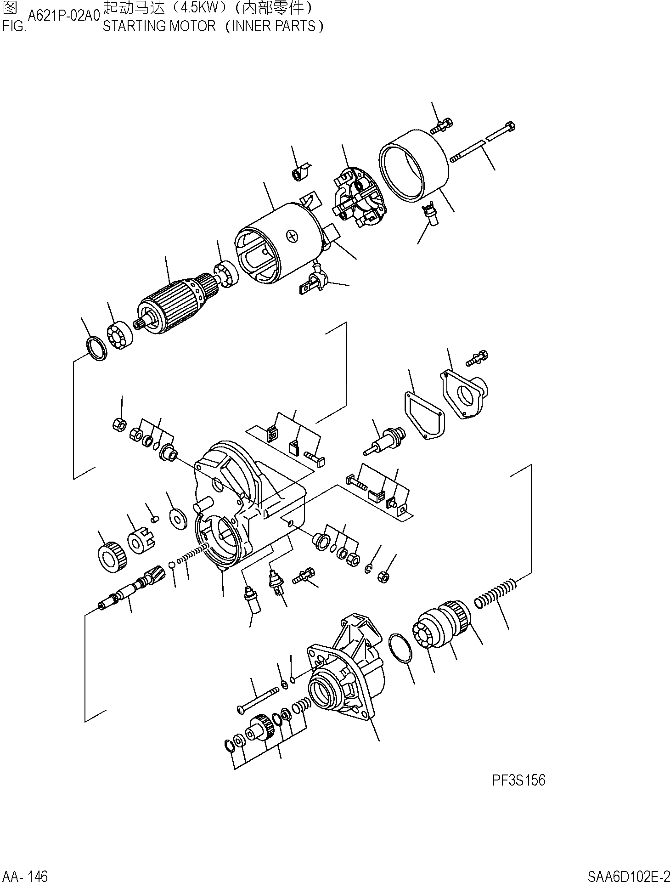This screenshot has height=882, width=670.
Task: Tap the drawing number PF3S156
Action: pos(518,780)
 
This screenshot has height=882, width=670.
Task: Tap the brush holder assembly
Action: pos(359,198)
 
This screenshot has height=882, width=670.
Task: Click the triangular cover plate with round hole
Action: pos(464,395)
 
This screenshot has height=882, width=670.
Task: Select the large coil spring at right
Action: pos(496,593)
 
